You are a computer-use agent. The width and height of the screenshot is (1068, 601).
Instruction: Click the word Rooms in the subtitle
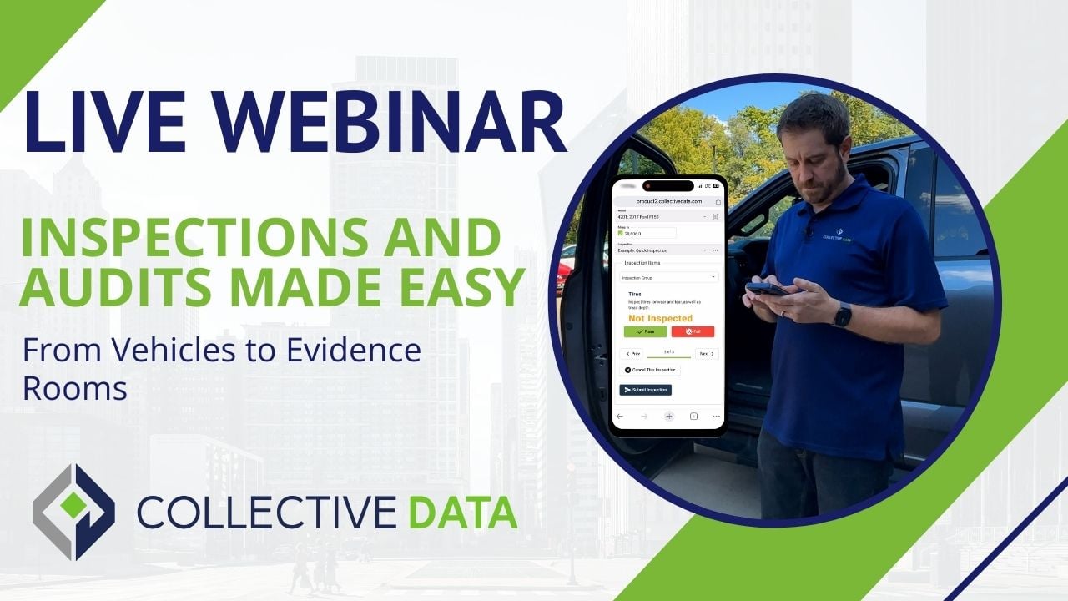coord(74,389)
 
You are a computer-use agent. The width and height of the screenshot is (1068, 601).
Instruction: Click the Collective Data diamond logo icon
coord(73,511)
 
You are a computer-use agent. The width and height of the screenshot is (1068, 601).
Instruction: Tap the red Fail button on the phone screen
coord(693,331)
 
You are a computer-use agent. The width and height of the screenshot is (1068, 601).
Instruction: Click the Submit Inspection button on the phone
coord(645,390)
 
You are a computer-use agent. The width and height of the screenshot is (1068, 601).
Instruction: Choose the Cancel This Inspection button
coord(649,370)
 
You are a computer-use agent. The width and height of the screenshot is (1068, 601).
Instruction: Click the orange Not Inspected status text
coord(660,318)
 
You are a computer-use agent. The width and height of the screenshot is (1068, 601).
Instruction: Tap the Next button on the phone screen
coord(706,354)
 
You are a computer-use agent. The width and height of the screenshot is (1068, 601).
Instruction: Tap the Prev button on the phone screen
coord(633,354)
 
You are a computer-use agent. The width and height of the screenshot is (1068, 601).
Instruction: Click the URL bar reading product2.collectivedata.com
coord(667,201)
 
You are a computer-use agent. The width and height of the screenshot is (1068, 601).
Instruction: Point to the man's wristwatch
coord(842,316)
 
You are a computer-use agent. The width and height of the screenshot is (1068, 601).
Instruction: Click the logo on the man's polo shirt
coord(835,236)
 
